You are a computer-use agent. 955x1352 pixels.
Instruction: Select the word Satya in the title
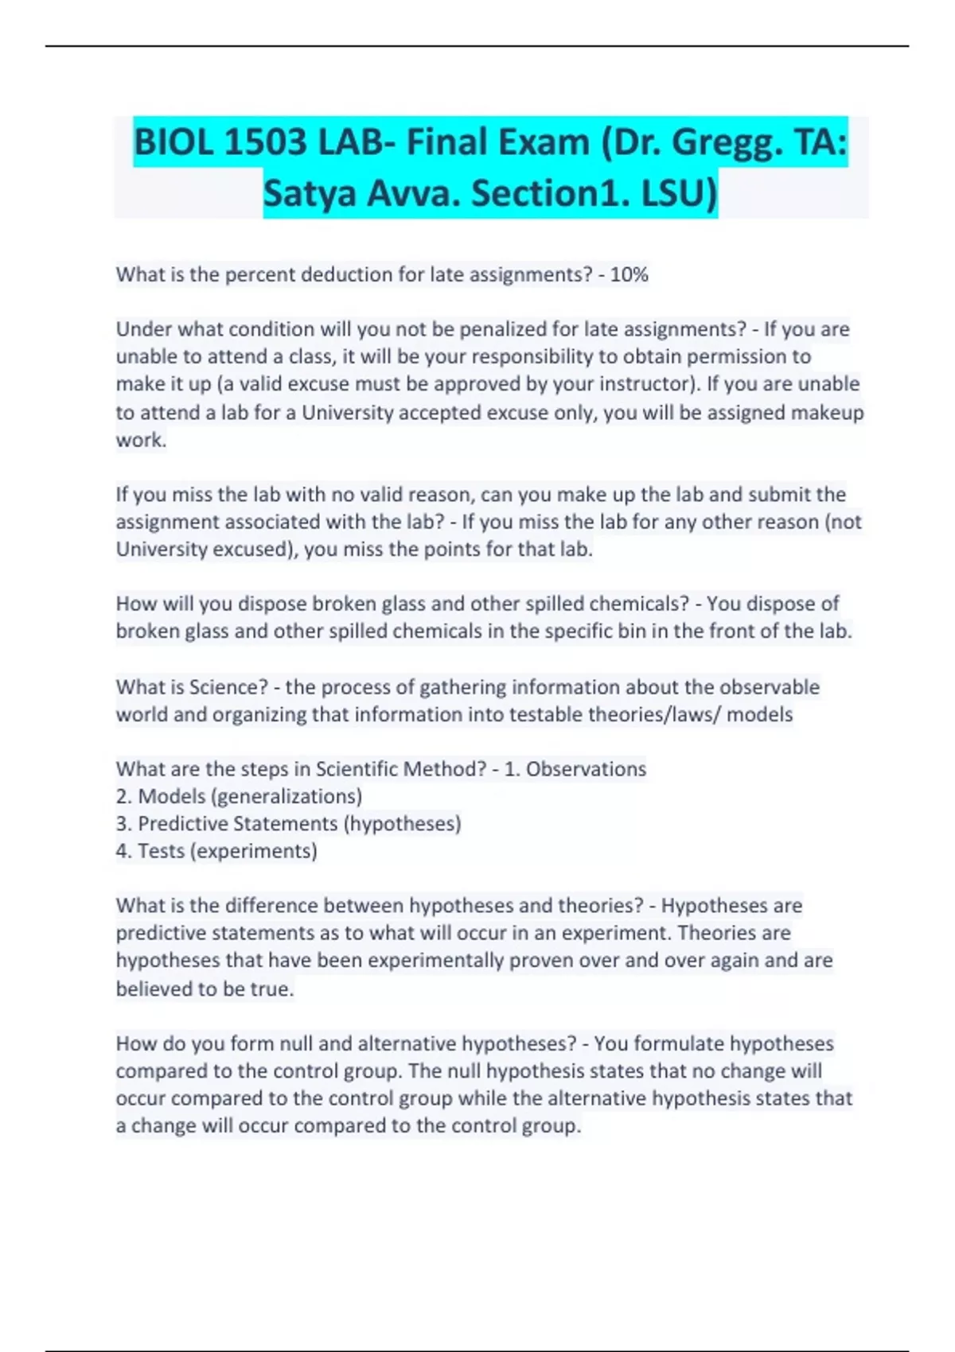pos(309,193)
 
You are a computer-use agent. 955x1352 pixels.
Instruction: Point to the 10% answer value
pos(630,275)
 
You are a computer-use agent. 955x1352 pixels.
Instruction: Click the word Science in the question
pos(228,687)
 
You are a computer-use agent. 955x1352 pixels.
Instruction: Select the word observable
pos(770,687)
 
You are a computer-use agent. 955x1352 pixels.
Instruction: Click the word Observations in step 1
pos(586,769)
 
